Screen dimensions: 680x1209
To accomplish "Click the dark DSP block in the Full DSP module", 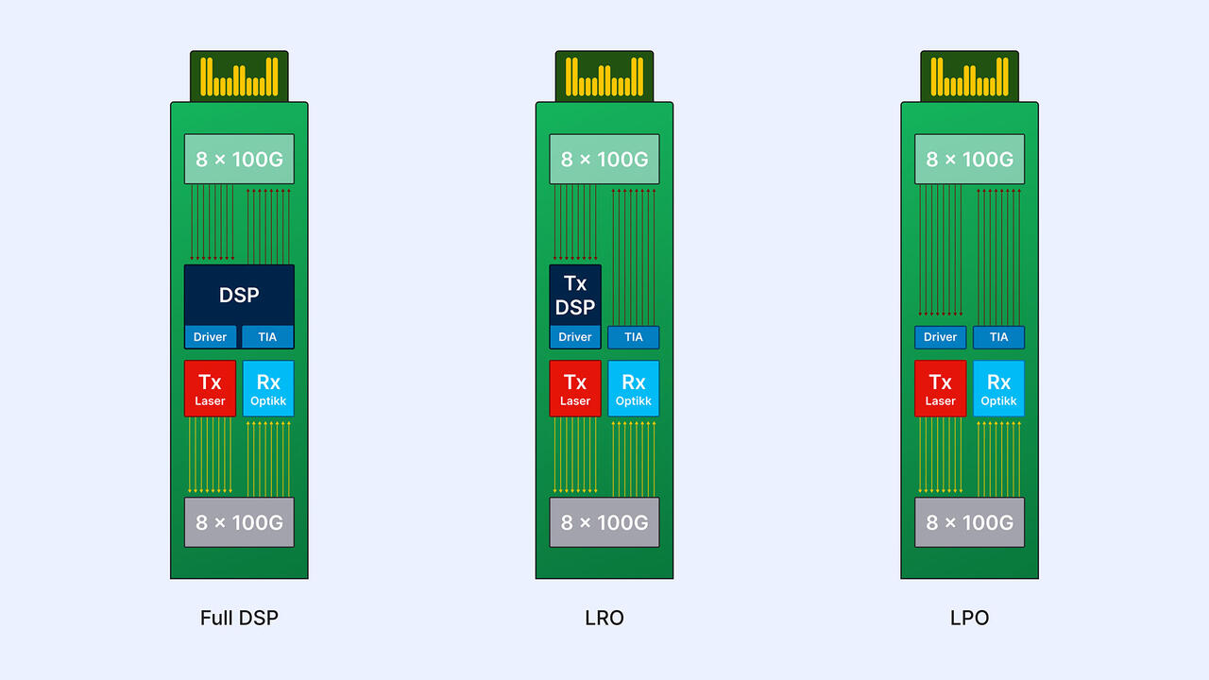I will [239, 295].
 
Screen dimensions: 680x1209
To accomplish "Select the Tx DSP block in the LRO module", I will [574, 295].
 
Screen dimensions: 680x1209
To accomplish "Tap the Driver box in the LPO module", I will [940, 337].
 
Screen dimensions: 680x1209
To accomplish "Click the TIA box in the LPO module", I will [998, 337].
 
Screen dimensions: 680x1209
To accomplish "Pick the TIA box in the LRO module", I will [633, 337].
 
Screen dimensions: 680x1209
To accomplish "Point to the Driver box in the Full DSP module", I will [210, 337].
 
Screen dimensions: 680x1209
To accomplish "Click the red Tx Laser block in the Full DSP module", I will [210, 388].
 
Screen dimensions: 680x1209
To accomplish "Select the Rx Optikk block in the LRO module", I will [633, 388].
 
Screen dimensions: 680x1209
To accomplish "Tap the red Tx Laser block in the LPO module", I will [940, 388].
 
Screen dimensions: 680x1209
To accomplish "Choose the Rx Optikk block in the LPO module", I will [998, 388].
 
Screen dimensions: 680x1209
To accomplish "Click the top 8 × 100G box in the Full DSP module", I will [239, 159].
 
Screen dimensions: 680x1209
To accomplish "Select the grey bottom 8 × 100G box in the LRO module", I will [604, 522].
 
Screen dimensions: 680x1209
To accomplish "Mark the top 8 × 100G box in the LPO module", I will [969, 159].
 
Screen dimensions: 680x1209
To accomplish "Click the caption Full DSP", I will [239, 619].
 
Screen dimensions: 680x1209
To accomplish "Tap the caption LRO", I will [604, 619].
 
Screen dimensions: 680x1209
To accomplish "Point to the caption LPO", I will [969, 619].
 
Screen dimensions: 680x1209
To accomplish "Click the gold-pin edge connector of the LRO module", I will [604, 76].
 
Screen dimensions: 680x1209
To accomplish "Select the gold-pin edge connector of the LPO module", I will [969, 76].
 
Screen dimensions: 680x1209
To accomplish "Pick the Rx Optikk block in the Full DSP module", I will [268, 388].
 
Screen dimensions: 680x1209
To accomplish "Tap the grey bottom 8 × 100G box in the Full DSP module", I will [239, 522].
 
